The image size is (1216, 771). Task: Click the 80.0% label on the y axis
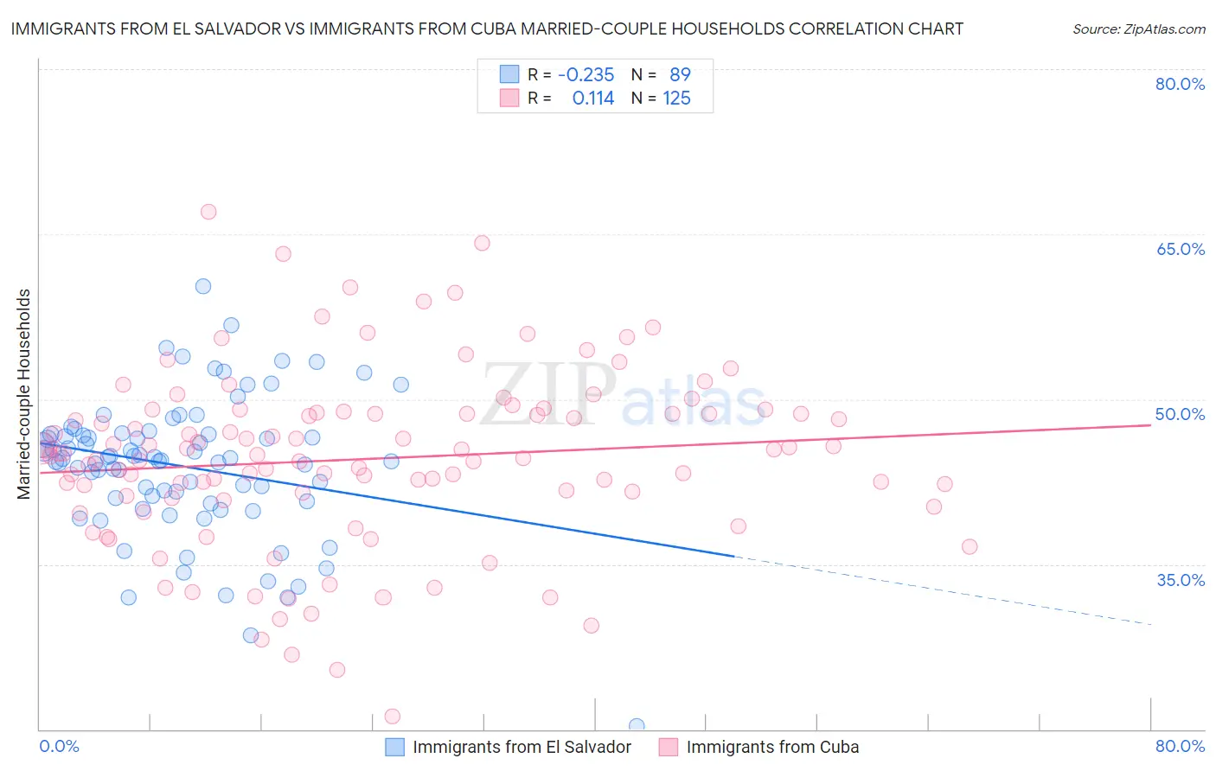[x=1180, y=84]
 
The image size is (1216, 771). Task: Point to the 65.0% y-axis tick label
[x=1180, y=249]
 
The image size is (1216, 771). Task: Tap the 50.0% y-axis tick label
[x=1180, y=414]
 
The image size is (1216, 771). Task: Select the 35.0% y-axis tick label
[x=1180, y=580]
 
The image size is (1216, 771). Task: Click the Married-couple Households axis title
[x=24, y=394]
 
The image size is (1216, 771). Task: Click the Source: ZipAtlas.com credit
[x=1138, y=29]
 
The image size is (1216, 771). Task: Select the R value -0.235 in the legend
[x=586, y=74]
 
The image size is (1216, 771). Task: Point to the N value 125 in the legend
[x=676, y=99]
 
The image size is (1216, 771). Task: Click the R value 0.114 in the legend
[x=592, y=99]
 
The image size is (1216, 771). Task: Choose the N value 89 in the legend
[x=680, y=74]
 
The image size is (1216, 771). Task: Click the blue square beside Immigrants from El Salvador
[x=395, y=747]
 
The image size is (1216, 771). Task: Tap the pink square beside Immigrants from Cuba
[x=669, y=747]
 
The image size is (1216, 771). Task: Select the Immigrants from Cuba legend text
[x=772, y=747]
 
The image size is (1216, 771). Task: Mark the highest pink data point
[x=208, y=212]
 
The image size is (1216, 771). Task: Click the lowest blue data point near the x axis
[x=637, y=726]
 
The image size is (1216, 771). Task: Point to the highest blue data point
[x=203, y=286]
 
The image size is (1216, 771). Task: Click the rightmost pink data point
[x=970, y=546]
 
